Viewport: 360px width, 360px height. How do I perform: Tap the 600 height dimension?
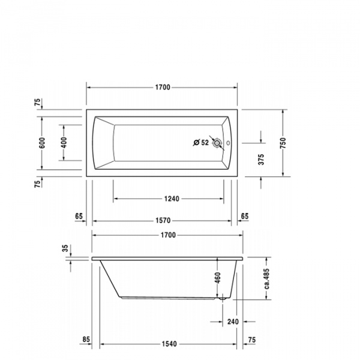click(x=43, y=143)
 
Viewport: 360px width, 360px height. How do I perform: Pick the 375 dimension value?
click(x=261, y=160)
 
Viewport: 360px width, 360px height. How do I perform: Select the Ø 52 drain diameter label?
click(x=200, y=143)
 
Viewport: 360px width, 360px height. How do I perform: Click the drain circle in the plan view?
click(x=218, y=143)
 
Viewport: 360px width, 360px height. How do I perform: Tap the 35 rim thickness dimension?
click(x=64, y=248)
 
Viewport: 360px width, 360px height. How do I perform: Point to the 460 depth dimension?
click(x=218, y=278)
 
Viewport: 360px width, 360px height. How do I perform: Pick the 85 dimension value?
click(x=86, y=340)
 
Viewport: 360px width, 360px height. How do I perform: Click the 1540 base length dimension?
click(x=169, y=344)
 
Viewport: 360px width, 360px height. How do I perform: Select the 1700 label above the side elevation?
click(x=167, y=235)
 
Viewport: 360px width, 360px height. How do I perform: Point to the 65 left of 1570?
click(x=79, y=215)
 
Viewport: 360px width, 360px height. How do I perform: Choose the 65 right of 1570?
click(x=244, y=215)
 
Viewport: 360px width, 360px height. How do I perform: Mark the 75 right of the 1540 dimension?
click(x=251, y=340)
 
